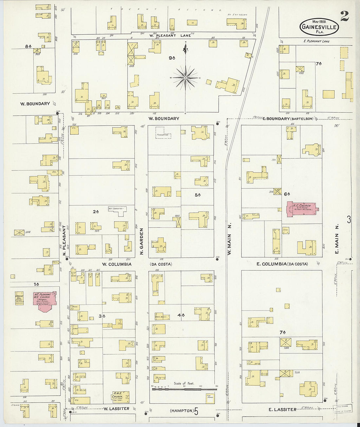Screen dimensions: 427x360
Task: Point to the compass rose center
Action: tap(185, 78)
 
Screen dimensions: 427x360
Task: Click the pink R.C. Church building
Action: tap(300, 208)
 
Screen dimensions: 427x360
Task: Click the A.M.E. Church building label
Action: tap(117, 396)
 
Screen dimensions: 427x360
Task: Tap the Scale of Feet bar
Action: tap(184, 389)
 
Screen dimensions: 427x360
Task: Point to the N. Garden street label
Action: tap(142, 241)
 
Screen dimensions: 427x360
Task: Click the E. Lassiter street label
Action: tap(282, 409)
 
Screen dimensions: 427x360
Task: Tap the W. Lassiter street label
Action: tap(116, 409)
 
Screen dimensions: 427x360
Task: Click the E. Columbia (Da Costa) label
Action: tap(282, 264)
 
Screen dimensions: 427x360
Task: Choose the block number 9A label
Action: tap(172, 58)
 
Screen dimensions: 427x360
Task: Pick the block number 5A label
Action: tap(197, 195)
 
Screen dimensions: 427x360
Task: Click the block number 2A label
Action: tap(96, 212)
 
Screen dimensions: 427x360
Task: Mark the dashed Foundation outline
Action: tap(164, 135)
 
